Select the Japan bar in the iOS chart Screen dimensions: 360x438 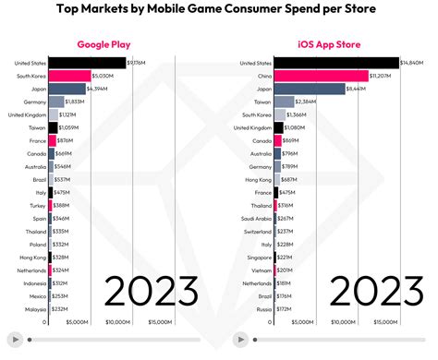[309, 89]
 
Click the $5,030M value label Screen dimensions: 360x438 [103, 76]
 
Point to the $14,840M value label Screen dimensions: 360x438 [411, 63]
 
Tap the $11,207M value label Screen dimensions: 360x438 [381, 76]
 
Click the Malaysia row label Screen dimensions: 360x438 [35, 309]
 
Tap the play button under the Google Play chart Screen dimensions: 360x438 [14, 339]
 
